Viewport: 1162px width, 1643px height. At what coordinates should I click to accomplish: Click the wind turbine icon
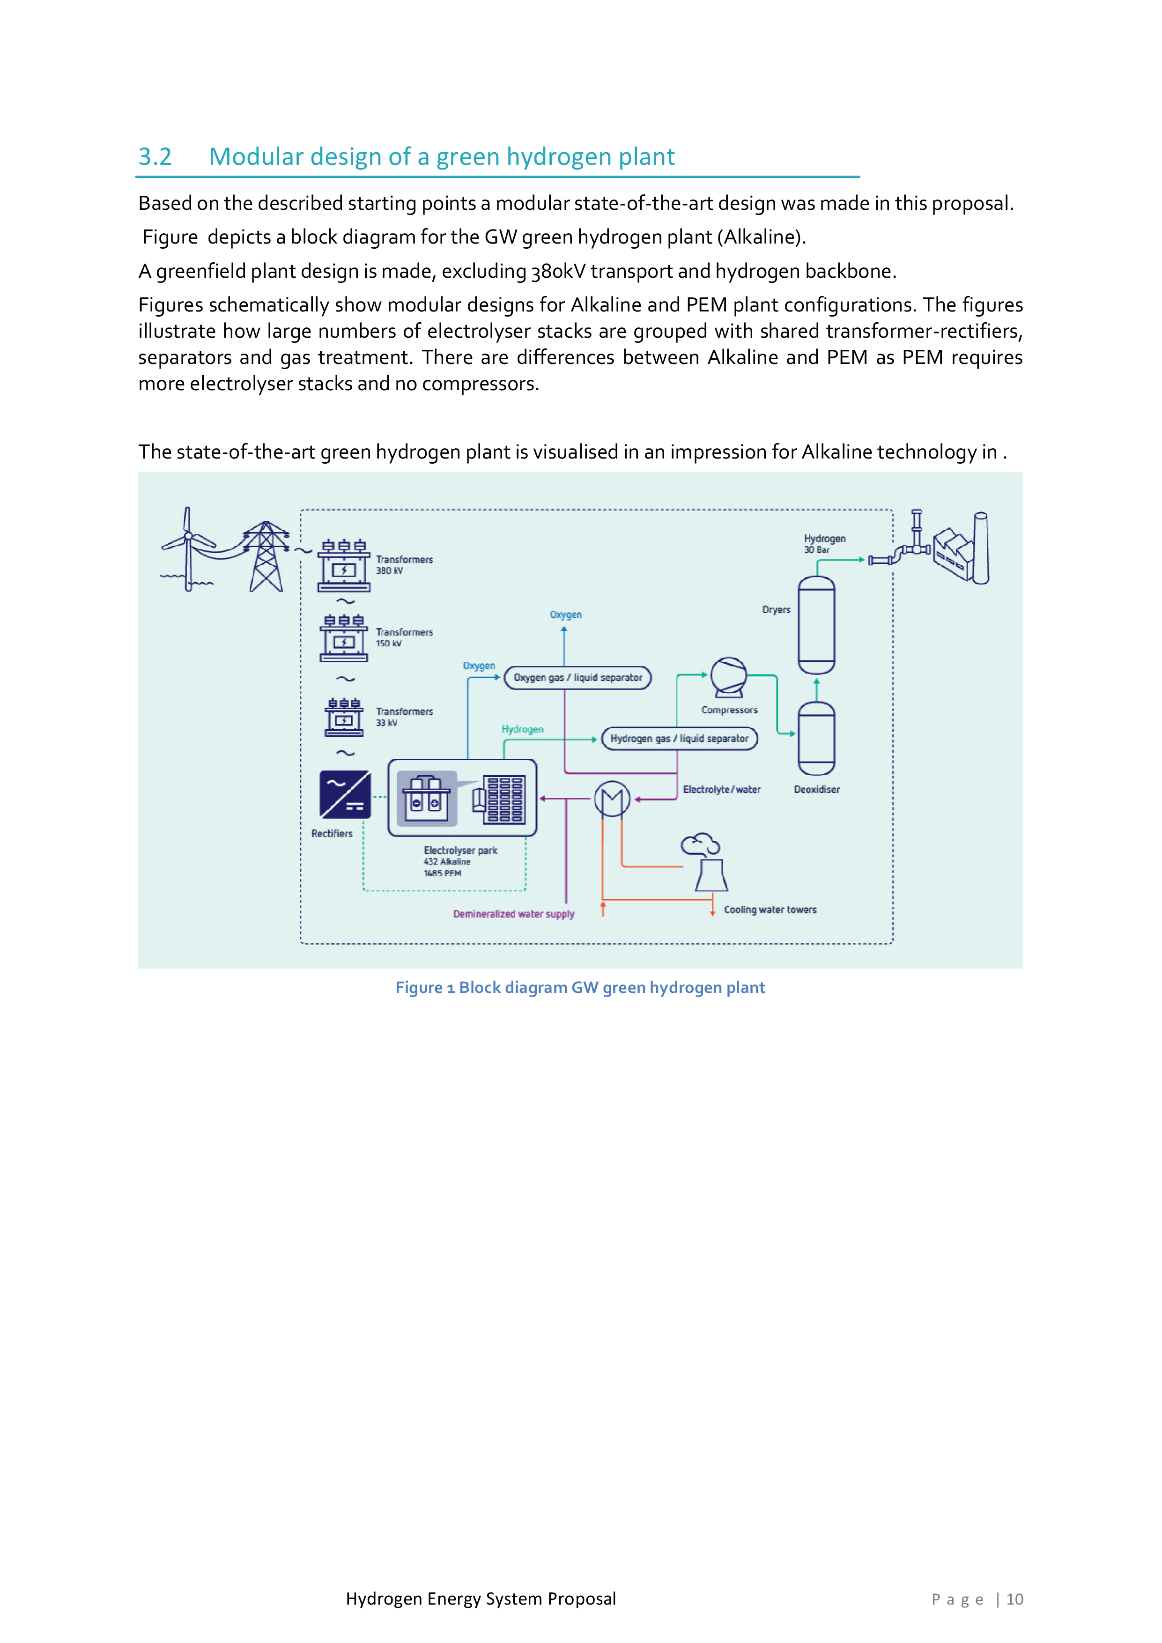[x=187, y=548]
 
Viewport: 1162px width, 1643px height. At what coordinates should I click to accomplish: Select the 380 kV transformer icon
[x=344, y=566]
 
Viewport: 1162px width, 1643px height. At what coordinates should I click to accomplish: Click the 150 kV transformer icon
[x=344, y=639]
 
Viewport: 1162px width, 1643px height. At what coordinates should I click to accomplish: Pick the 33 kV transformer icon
[x=344, y=717]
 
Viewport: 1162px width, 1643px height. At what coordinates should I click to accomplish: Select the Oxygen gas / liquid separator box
[x=577, y=678]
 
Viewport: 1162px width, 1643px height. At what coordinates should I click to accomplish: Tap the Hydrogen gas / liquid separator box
[x=679, y=739]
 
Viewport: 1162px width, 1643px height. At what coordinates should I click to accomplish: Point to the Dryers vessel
[x=816, y=625]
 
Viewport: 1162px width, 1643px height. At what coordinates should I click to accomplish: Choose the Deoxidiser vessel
[x=816, y=739]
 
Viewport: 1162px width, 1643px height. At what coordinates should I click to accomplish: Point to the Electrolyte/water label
[x=721, y=789]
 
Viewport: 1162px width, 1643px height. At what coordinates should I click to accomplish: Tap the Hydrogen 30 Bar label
[x=824, y=544]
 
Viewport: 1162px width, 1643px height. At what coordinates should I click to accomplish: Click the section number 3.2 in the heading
[x=155, y=157]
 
